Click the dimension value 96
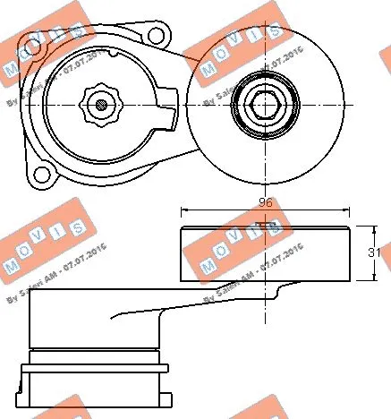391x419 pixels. point(264,202)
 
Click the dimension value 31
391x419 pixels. point(377,254)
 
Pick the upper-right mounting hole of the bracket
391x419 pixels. point(158,38)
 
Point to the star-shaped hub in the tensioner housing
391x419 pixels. point(99,106)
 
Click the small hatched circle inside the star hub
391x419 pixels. point(100,106)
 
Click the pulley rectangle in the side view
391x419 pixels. point(264,254)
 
